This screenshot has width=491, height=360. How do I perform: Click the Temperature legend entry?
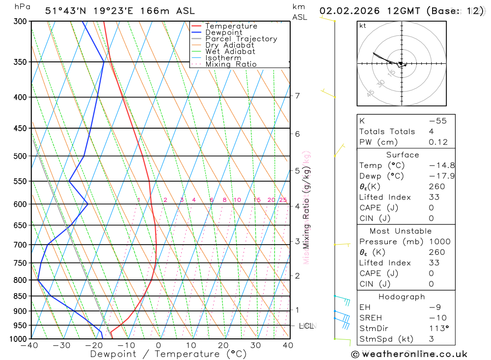231,26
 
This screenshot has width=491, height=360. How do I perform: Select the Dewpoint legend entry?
224,32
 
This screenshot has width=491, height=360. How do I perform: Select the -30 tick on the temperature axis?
61,346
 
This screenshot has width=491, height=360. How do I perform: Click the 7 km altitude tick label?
298,96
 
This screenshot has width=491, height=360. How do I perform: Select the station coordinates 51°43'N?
66,11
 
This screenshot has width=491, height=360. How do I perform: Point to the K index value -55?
437,121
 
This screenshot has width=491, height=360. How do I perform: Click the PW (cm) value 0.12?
438,142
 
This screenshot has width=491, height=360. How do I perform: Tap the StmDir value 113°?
437,329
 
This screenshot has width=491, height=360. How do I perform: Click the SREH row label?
371,318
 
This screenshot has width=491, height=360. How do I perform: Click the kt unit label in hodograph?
363,26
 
